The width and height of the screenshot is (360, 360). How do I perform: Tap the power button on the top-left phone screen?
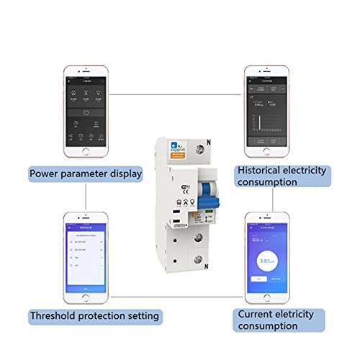[86, 113]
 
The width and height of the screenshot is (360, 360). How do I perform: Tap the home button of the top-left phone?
[86, 153]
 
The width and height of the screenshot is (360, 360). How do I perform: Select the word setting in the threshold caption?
[140, 315]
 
